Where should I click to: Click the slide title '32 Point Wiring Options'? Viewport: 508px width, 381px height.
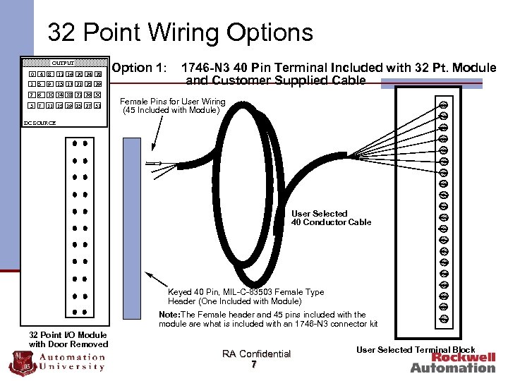click(180, 32)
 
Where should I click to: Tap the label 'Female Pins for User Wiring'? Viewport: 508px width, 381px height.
click(173, 102)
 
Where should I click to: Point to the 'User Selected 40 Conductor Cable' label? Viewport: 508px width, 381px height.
click(330, 218)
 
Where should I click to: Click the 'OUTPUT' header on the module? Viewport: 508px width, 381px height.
click(63, 63)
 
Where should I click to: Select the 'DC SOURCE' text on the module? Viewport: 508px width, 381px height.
click(40, 123)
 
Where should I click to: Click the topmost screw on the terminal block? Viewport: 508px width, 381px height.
click(444, 106)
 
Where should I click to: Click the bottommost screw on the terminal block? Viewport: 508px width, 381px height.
click(444, 318)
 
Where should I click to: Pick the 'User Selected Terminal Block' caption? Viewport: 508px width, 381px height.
click(416, 350)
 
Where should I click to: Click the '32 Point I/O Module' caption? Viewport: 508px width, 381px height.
click(68, 335)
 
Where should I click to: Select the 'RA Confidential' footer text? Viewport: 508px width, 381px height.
click(256, 354)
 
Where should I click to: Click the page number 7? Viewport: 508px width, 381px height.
click(253, 365)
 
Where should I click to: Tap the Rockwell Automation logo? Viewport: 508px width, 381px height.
click(453, 362)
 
